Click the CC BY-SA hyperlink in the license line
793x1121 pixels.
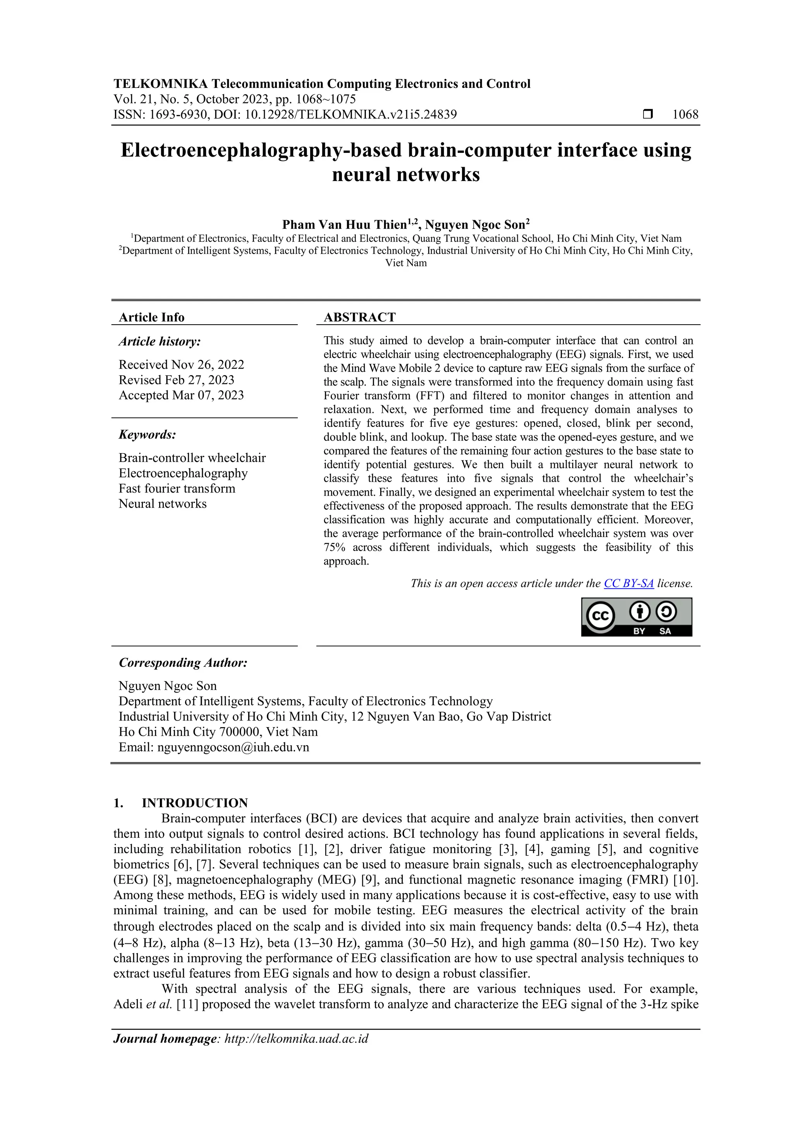(628, 583)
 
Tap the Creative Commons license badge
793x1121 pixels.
(636, 617)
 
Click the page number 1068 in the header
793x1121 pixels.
(685, 115)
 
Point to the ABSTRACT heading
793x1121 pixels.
(360, 317)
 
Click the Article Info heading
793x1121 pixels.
(151, 317)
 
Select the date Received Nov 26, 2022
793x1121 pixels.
(181, 365)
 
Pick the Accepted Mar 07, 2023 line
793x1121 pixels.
(181, 395)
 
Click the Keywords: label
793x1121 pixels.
(147, 435)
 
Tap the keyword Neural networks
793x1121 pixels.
(163, 503)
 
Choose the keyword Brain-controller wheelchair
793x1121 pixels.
(192, 458)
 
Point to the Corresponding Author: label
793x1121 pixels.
(183, 662)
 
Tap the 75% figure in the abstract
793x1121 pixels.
(334, 547)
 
